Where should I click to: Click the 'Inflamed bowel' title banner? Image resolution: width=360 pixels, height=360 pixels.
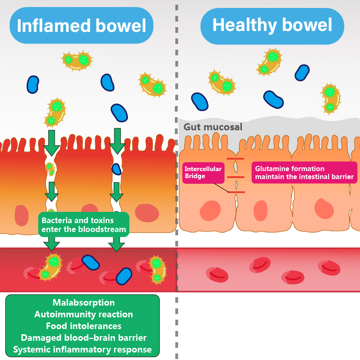[x=82, y=25]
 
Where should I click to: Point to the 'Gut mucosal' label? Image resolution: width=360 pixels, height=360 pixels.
[x=213, y=127]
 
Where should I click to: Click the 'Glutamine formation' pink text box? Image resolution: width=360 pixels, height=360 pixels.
[x=304, y=172]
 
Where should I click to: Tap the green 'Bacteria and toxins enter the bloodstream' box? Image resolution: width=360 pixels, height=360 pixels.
[x=83, y=225]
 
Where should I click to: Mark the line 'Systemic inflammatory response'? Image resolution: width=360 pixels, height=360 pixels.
[x=82, y=349]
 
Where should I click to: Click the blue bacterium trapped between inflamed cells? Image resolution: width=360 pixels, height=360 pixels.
[x=116, y=169]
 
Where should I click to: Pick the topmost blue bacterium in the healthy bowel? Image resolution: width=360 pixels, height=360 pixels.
[x=302, y=72]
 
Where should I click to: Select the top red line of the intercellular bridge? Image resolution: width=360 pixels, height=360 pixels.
[x=235, y=159]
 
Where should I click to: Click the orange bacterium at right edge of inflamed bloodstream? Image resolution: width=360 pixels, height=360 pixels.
[x=157, y=270]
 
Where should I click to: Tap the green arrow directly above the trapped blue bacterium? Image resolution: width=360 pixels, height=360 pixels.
[x=117, y=141]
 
